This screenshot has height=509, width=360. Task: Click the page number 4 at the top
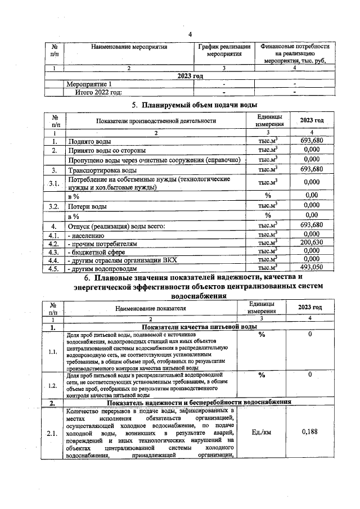[190, 34]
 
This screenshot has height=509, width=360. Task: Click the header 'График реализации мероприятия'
[224, 51]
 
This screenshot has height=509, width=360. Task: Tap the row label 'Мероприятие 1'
[89, 84]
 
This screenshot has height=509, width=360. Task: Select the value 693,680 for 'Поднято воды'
[312, 141]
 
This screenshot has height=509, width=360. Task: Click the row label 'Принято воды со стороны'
[107, 151]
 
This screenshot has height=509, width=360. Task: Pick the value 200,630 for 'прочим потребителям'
[312, 242]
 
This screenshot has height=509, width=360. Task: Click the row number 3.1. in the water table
[54, 183]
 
